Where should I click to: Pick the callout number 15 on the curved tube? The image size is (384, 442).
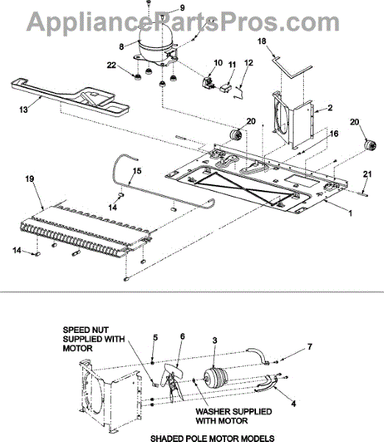tap(135, 171)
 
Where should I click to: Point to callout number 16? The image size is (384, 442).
tap(335, 134)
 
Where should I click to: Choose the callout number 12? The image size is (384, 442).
tap(247, 64)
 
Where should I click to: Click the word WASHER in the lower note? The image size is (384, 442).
tap(213, 410)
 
